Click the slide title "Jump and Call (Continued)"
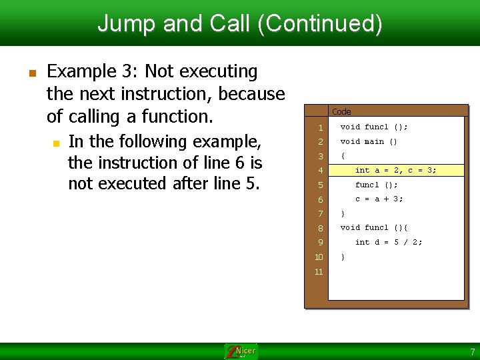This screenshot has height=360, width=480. point(240,23)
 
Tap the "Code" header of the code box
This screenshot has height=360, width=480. point(341,111)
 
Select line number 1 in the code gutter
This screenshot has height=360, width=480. point(320,127)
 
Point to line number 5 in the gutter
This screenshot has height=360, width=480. point(320,185)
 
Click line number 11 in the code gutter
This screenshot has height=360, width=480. point(319,272)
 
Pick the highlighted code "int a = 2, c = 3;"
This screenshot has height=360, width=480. point(395,170)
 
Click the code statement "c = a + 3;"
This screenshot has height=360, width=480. point(379,199)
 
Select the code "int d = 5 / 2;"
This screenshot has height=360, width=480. point(388,242)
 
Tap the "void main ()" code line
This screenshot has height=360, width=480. point(369,141)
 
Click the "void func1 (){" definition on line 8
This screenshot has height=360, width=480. point(373,227)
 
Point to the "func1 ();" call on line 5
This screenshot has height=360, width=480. point(376,185)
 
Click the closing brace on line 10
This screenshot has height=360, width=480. point(343,257)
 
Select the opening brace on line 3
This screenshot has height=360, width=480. point(343,156)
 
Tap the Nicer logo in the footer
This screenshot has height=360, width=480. point(241,351)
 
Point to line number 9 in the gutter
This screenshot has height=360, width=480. point(320,243)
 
